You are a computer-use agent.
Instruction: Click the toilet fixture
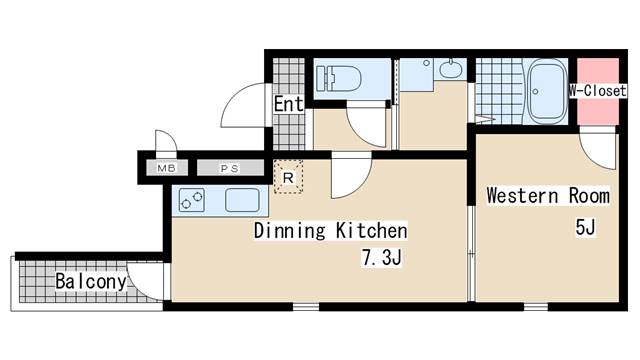click(338, 78)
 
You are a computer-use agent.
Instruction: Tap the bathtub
click(547, 91)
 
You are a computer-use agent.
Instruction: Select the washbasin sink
click(451, 69)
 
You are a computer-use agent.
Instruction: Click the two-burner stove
click(192, 200)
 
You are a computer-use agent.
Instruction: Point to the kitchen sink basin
click(242, 200)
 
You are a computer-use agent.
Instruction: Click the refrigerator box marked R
click(288, 177)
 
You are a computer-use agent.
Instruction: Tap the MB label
click(167, 168)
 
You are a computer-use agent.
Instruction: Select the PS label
click(230, 168)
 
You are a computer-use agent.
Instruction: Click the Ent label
click(289, 104)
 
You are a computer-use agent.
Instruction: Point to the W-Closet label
click(598, 91)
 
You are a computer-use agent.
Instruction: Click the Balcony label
click(91, 281)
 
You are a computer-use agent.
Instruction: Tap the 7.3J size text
click(382, 257)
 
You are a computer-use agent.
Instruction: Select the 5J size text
click(586, 227)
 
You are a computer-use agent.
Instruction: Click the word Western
click(522, 196)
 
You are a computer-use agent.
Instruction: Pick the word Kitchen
click(371, 231)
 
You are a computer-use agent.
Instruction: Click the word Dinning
click(289, 231)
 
